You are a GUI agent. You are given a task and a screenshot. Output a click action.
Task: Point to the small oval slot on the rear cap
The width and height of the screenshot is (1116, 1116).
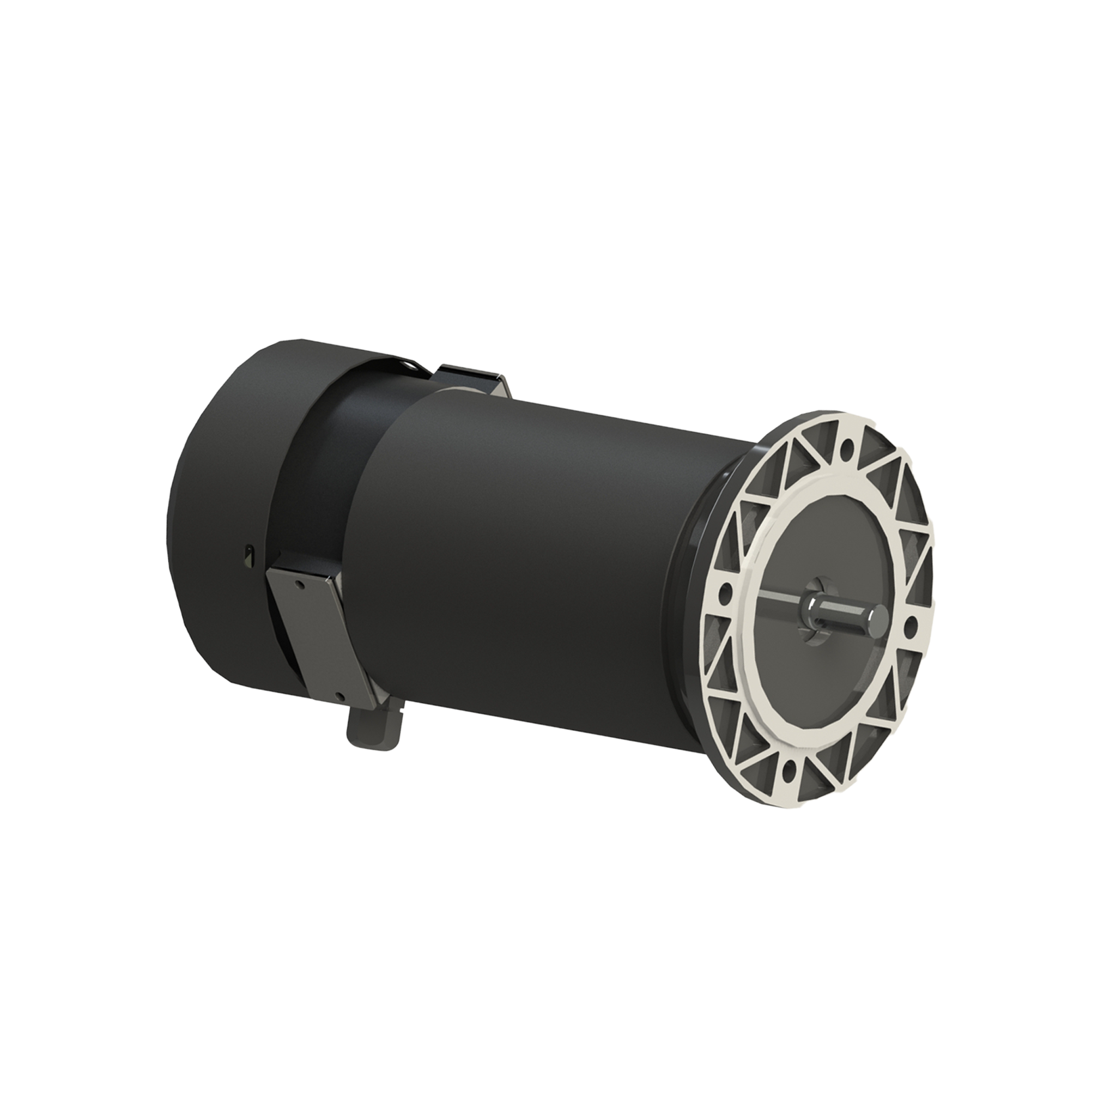click(x=249, y=551)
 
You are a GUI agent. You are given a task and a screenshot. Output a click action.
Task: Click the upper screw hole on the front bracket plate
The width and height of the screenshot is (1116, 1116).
click(x=299, y=584)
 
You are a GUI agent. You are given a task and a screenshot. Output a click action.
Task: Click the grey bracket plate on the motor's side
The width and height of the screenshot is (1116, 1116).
click(x=318, y=635)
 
